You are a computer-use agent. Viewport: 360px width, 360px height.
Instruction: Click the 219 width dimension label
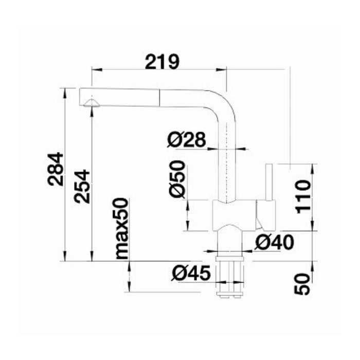click(162, 62)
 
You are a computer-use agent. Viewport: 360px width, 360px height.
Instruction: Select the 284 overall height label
click(56, 169)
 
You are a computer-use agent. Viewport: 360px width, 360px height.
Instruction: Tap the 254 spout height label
click(82, 186)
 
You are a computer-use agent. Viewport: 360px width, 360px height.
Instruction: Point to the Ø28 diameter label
click(186, 139)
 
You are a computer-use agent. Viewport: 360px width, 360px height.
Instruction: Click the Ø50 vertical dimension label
click(177, 179)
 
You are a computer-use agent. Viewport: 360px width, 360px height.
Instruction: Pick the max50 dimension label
click(122, 229)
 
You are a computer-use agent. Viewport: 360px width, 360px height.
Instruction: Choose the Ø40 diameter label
click(274, 243)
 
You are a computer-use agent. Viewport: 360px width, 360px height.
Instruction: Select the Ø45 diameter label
click(191, 273)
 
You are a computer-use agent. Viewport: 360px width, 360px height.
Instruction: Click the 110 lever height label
click(303, 197)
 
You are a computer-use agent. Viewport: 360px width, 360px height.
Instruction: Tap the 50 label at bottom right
click(302, 284)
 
